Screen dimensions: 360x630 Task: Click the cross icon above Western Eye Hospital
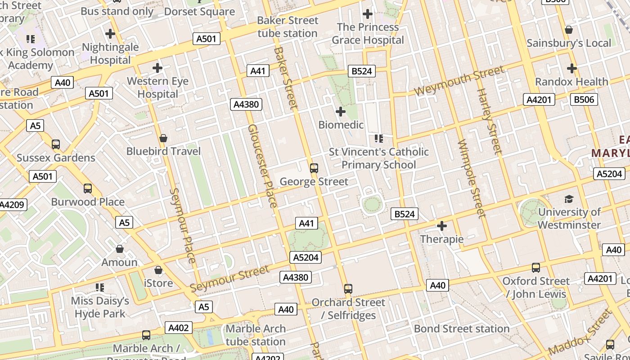[157, 68]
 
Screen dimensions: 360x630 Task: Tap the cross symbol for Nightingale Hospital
[110, 34]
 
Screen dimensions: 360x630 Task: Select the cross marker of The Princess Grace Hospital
[368, 14]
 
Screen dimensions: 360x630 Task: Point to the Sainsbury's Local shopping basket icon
[569, 30]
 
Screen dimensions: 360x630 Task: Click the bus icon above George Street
[314, 168]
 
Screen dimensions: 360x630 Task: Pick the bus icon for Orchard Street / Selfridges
[348, 289]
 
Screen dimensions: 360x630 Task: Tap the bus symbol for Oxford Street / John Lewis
[535, 268]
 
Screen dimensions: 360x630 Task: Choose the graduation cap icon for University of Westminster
[569, 199]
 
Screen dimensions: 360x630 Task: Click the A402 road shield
[178, 328]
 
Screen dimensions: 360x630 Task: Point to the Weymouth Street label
[459, 81]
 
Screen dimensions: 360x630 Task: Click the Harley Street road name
[489, 121]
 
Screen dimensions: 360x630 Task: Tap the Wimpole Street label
[471, 178]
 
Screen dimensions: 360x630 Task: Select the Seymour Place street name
[183, 225]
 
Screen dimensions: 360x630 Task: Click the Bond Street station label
[462, 329]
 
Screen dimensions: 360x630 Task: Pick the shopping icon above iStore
[158, 270]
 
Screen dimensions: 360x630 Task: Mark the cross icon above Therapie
[441, 225]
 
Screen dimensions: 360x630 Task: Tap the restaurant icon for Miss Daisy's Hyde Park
[100, 288]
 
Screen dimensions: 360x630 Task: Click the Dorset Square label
[199, 12]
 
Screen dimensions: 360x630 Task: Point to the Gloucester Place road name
[262, 166]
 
